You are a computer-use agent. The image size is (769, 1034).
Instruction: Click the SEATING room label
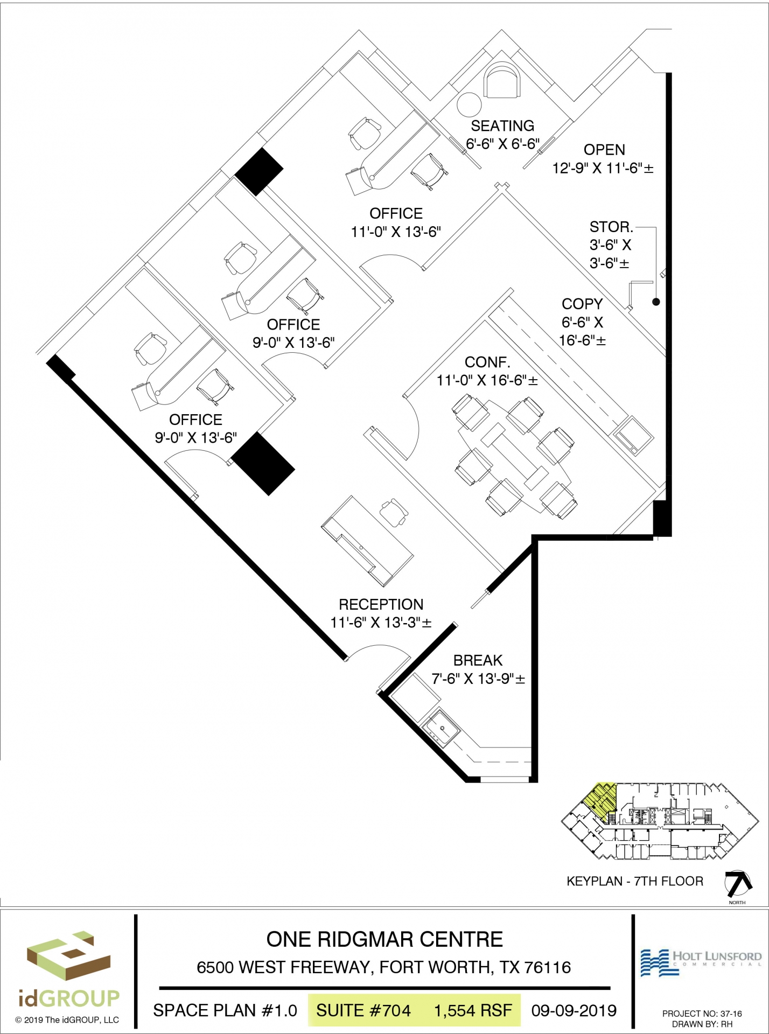tap(502, 126)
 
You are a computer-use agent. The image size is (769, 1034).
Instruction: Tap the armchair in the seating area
tap(502, 81)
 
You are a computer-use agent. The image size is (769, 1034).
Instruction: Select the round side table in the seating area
tap(469, 104)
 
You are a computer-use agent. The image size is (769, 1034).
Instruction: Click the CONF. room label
tap(487, 362)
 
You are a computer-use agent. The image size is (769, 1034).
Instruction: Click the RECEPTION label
tap(381, 604)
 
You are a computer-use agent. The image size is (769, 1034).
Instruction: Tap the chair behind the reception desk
tap(394, 513)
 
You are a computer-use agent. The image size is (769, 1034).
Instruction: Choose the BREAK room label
tap(478, 660)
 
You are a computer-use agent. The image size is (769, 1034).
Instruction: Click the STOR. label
tap(611, 227)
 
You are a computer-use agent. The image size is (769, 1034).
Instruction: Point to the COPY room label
tap(582, 304)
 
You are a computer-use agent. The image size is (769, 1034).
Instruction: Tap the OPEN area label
tap(604, 150)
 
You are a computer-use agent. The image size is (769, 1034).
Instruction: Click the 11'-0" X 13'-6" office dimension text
tap(396, 232)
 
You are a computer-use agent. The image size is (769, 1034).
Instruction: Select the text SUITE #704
tap(363, 1010)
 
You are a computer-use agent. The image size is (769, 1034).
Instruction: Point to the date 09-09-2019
tap(574, 1010)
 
